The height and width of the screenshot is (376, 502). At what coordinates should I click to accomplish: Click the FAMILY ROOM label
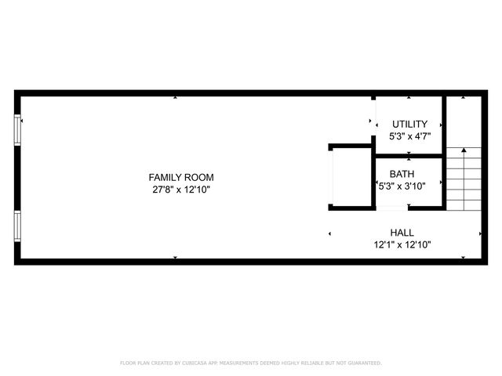[181, 177]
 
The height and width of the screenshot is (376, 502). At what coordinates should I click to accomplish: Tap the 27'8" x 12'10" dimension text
[181, 190]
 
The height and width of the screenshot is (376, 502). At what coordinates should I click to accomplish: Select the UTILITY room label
[409, 124]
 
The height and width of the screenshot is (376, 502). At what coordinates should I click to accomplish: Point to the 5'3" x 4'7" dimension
[409, 136]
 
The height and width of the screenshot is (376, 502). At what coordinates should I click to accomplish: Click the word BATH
[402, 174]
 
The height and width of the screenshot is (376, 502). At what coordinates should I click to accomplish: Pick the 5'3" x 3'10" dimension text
[402, 186]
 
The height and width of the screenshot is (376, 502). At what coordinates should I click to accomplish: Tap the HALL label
[402, 233]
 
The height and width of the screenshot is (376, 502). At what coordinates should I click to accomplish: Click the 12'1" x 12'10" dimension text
[402, 244]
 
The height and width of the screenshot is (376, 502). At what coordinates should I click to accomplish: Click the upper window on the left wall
[17, 130]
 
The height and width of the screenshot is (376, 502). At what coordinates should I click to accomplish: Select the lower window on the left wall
[17, 226]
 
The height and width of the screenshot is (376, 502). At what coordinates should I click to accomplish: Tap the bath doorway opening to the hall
[392, 208]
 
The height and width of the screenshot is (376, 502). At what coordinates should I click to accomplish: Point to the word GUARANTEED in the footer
[364, 363]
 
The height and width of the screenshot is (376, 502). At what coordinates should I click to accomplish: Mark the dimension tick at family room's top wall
[175, 97]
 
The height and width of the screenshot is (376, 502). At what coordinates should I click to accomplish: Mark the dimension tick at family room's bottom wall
[175, 258]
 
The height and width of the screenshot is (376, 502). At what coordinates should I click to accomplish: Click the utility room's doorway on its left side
[373, 121]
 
